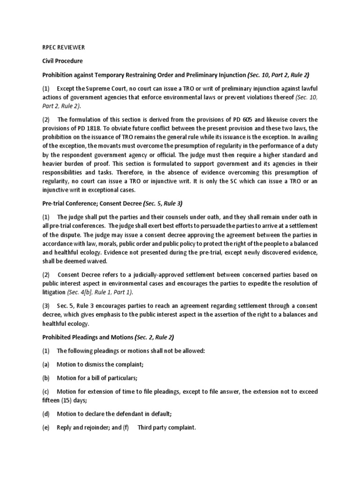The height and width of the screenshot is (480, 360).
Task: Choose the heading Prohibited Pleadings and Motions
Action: click(x=88, y=337)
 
